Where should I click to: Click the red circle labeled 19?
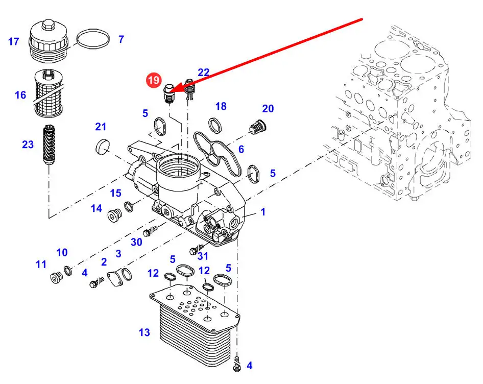point(154,80)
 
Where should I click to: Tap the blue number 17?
point(14,41)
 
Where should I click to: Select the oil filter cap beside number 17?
point(47,38)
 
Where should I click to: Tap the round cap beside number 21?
point(103,147)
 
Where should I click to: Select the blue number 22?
point(203,73)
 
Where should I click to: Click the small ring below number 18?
point(215,124)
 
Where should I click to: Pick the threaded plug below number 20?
point(258,126)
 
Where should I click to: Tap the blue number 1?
point(263,211)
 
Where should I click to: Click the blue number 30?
point(136,242)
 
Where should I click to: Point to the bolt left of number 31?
point(193,250)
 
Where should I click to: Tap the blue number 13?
point(144,332)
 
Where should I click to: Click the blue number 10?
point(62,252)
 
